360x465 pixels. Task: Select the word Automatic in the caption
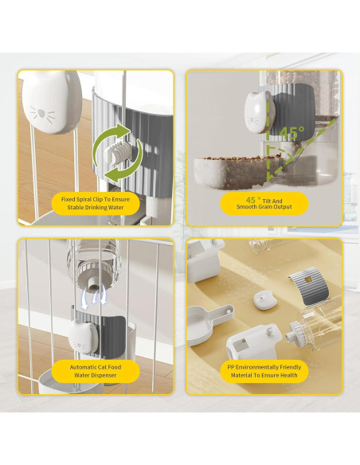[77, 367]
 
